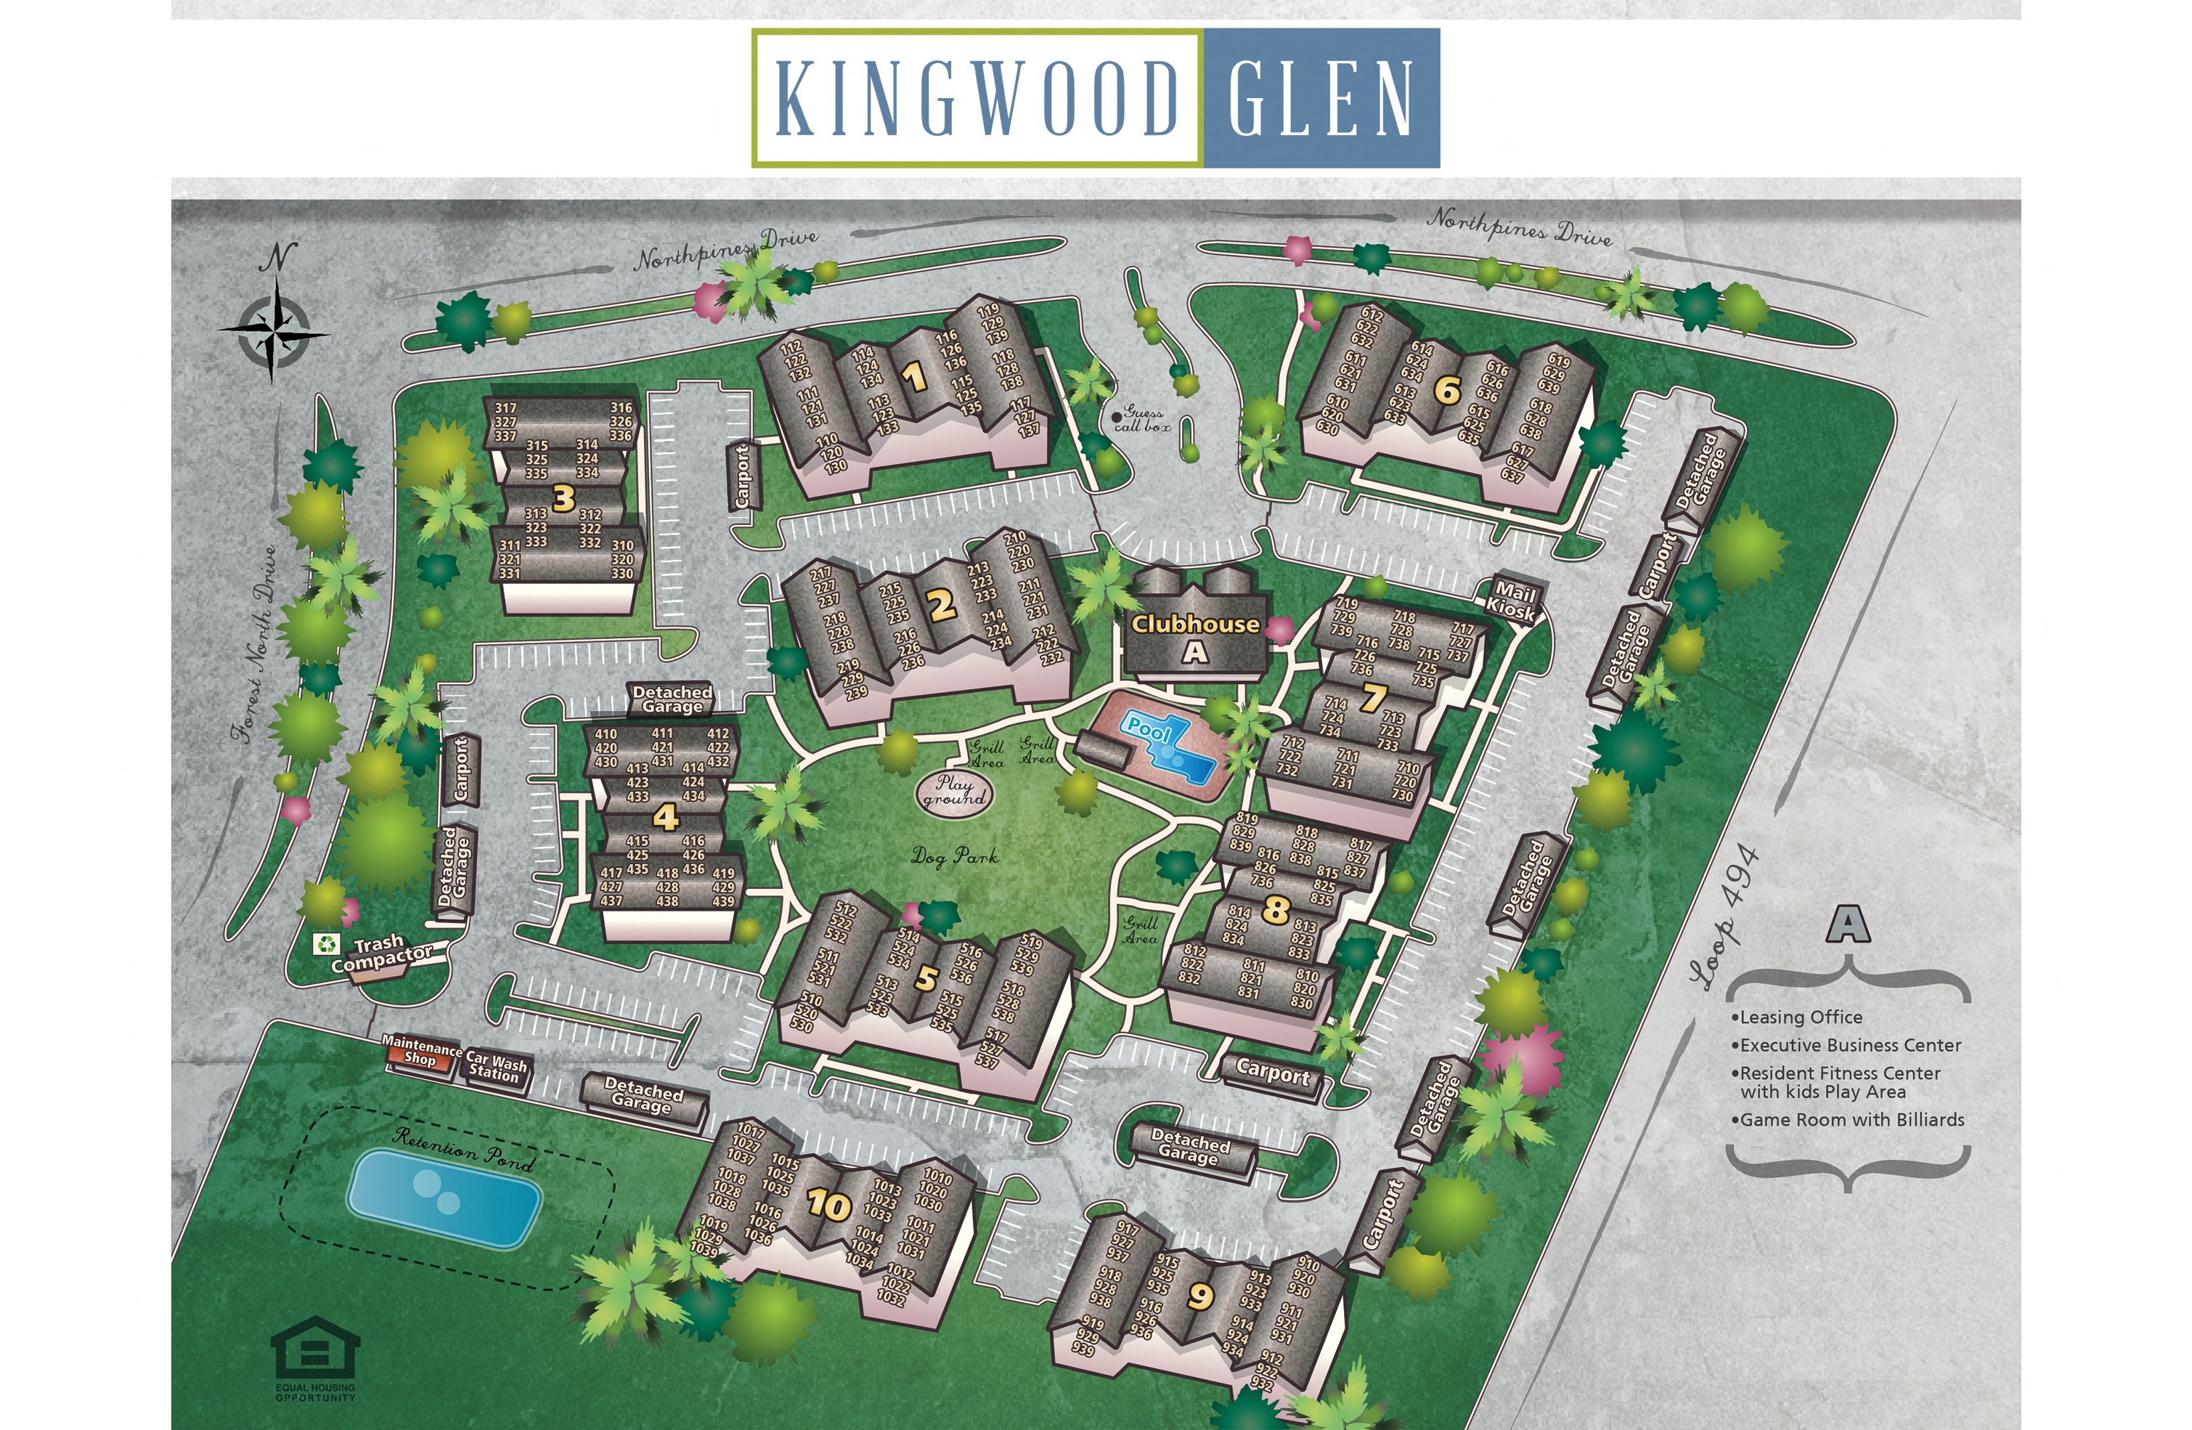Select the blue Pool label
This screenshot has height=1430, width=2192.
(1149, 731)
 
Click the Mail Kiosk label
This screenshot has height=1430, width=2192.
(1512, 600)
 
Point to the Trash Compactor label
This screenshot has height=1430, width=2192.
(380, 954)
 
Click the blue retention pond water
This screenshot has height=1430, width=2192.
(444, 1197)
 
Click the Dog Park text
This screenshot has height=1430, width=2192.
(954, 857)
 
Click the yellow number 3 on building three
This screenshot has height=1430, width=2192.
(563, 498)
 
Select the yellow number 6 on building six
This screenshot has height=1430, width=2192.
(1447, 391)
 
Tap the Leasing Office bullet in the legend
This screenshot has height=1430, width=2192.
(1798, 1017)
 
